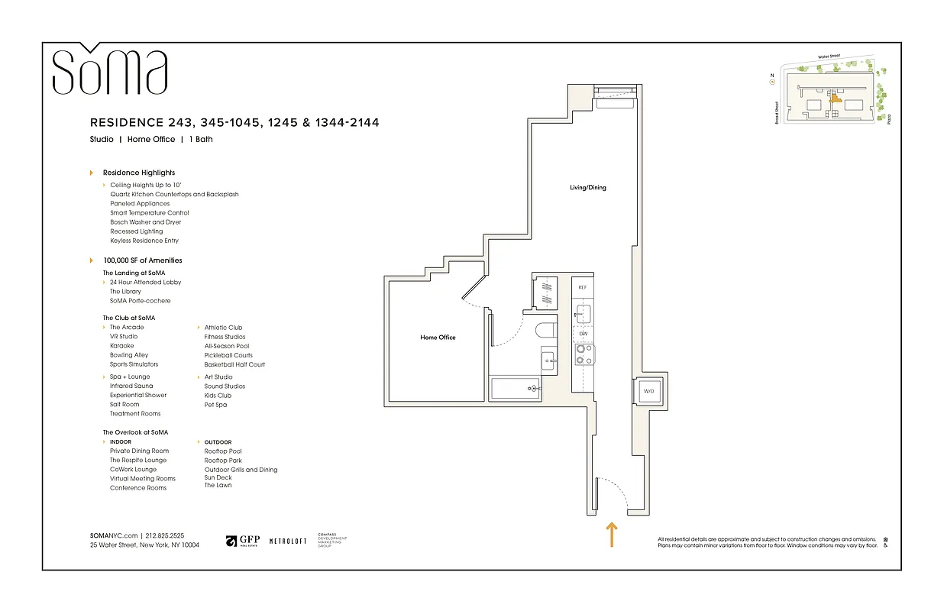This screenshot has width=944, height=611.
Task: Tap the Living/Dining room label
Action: point(587,187)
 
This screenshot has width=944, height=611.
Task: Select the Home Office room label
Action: point(438,337)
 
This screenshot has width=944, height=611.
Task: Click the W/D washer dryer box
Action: point(648,391)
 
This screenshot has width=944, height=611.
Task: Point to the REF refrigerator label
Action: point(582,287)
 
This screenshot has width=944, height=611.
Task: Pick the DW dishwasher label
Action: point(582,334)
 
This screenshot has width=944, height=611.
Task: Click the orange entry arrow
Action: point(611,534)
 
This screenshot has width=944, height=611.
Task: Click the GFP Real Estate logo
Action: point(243,541)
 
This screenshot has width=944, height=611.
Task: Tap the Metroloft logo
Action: point(288,541)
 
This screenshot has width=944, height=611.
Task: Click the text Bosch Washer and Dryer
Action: point(145,222)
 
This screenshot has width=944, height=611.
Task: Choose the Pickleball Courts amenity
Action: point(228,355)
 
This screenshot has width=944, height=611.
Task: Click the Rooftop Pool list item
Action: point(223,451)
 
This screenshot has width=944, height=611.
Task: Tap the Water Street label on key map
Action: point(833,57)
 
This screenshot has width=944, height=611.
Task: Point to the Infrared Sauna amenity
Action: point(131,386)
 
